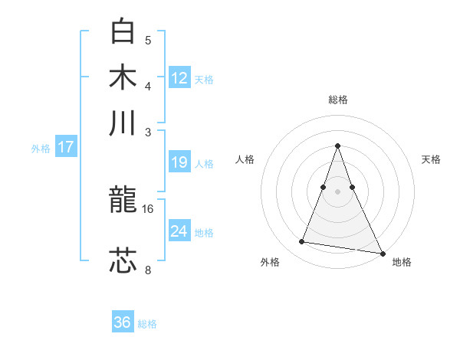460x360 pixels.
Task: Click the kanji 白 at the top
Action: [123, 31]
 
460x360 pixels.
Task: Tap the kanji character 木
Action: [123, 77]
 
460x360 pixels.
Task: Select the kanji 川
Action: [123, 123]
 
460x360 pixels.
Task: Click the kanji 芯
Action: [123, 261]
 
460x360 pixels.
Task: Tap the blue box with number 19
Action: [179, 162]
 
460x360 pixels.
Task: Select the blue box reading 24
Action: [179, 231]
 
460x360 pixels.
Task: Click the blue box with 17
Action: [65, 147]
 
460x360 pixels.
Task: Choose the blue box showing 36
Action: [123, 322]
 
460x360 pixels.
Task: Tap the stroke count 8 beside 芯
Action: [148, 269]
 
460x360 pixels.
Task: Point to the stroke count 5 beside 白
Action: [148, 40]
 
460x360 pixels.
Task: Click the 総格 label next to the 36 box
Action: [147, 324]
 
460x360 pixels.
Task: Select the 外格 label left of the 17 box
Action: [41, 149]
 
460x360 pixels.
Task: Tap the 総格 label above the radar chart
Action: [337, 100]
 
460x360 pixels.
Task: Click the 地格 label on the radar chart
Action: [402, 263]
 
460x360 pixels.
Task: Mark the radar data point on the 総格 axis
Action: [337, 146]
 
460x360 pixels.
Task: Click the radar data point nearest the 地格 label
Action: [382, 252]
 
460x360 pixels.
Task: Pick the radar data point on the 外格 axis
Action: [302, 242]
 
